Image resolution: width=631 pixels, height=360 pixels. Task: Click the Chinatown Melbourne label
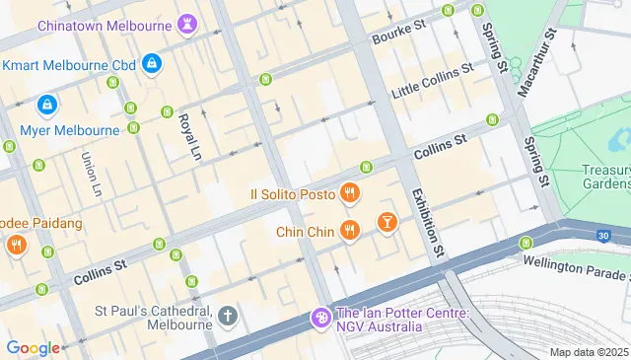[x=104, y=25]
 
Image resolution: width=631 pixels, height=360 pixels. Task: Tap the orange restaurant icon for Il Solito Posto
[x=348, y=192]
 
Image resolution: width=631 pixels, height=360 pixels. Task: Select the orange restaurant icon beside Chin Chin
[x=348, y=231]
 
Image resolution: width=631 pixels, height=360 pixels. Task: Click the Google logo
[x=33, y=347]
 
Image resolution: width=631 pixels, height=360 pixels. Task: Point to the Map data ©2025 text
[x=588, y=352]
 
